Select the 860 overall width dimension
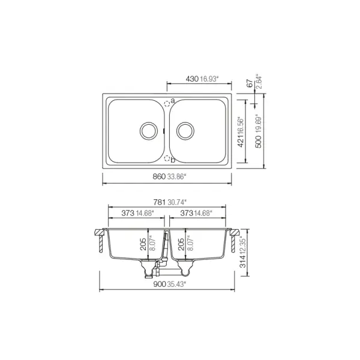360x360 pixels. pos(158,176)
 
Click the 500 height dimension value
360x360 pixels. pos(259,139)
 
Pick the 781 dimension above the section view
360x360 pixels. pos(158,202)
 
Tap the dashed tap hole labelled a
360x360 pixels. pos(167,102)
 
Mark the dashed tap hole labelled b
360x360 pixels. pos(167,159)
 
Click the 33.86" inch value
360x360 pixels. pos(177,176)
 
